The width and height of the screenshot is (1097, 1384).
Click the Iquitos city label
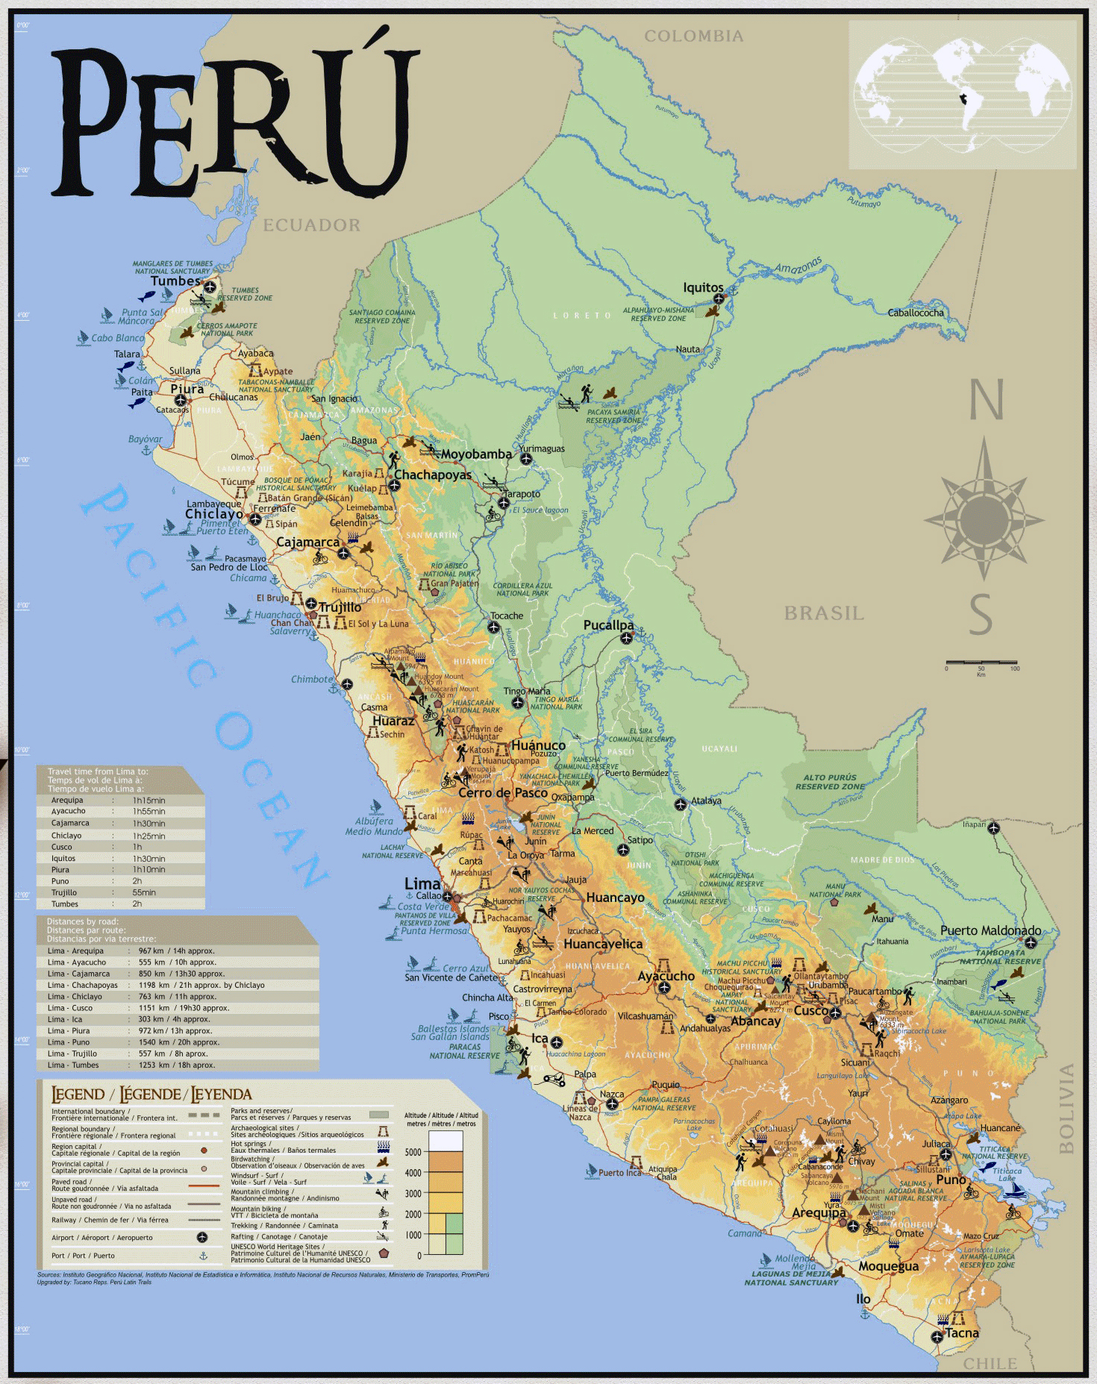pyautogui.click(x=703, y=287)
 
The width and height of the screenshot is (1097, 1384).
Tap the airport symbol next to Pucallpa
pyautogui.click(x=627, y=638)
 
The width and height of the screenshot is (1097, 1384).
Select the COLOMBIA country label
pyautogui.click(x=693, y=36)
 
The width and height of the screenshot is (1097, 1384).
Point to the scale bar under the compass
pyautogui.click(x=981, y=662)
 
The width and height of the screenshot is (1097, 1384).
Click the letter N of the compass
pyautogui.click(x=985, y=401)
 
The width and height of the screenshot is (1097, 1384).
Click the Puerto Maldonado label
pyautogui.click(x=990, y=930)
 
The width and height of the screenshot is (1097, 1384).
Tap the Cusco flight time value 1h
pyautogui.click(x=137, y=847)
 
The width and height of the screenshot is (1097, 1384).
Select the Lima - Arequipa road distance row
pyautogui.click(x=178, y=951)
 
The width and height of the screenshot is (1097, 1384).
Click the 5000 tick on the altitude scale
pyautogui.click(x=413, y=1152)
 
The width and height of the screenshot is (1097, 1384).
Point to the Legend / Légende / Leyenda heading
pyautogui.click(x=151, y=1095)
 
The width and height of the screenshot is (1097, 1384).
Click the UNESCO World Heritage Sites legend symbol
pyautogui.click(x=384, y=1253)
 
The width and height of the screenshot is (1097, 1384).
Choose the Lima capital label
pyautogui.click(x=422, y=883)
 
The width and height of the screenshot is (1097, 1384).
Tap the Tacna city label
pyautogui.click(x=961, y=1333)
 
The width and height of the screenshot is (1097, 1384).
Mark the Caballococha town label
pyautogui.click(x=915, y=313)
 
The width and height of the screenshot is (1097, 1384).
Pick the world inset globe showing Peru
pyautogui.click(x=963, y=94)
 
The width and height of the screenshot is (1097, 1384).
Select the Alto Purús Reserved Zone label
pyautogui.click(x=830, y=782)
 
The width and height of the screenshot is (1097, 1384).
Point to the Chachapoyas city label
pyautogui.click(x=433, y=475)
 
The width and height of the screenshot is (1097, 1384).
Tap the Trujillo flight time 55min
pyautogui.click(x=144, y=892)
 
